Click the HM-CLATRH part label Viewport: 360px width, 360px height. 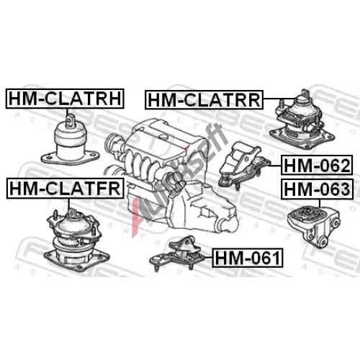[x=65, y=99]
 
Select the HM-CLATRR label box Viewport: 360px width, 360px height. [x=204, y=100]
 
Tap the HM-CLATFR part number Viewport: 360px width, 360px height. [x=65, y=189]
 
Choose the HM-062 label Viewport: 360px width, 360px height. [x=317, y=165]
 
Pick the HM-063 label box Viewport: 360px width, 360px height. [x=318, y=189]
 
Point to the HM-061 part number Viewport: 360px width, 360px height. [x=248, y=258]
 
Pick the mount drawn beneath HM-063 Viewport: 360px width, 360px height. [x=314, y=226]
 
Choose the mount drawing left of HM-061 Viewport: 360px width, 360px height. [x=177, y=254]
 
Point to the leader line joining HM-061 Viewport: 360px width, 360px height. [x=208, y=257]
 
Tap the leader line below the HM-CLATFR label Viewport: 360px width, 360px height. [x=69, y=204]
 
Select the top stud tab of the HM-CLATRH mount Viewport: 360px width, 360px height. [x=70, y=120]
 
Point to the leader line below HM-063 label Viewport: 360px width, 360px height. [x=320, y=203]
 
